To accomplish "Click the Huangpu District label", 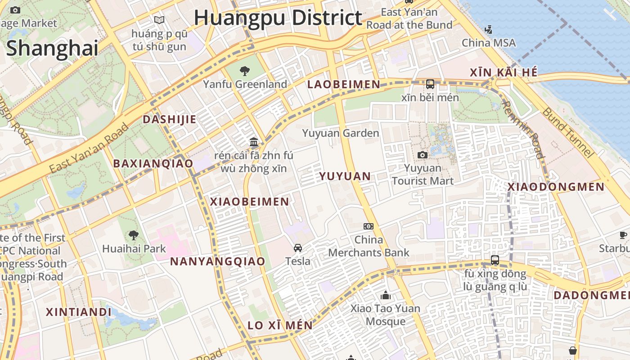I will [278, 18].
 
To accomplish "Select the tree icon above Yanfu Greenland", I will [245, 71].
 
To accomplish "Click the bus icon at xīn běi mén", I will [430, 84].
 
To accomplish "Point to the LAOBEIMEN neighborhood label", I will [344, 85].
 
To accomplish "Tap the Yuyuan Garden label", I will [341, 133].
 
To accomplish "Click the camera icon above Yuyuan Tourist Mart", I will [422, 155].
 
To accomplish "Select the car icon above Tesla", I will [298, 247].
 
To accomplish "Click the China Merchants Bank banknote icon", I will [369, 226].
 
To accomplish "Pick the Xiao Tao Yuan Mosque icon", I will [386, 296].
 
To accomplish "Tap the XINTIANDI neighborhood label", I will [79, 312].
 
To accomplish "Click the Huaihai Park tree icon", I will [134, 235].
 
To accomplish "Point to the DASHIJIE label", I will [170, 119].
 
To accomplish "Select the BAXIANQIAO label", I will [153, 163].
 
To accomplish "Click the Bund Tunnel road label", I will [567, 133].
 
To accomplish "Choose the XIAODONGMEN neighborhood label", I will [556, 187].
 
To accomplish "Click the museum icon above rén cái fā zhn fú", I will [254, 142].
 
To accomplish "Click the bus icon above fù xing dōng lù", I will [495, 260].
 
